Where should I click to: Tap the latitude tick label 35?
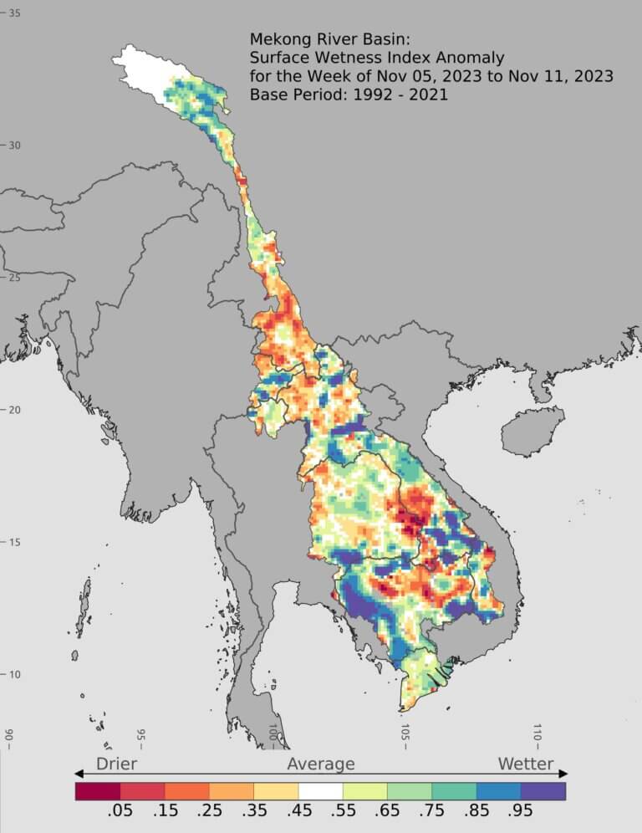pyautogui.click(x=14, y=13)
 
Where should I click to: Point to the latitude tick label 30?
pyautogui.click(x=14, y=146)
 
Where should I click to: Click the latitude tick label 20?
pyautogui.click(x=14, y=410)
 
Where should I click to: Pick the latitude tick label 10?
pyautogui.click(x=14, y=675)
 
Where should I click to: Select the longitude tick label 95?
pyautogui.click(x=140, y=736)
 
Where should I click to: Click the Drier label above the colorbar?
pyautogui.click(x=116, y=764)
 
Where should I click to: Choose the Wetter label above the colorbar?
pyautogui.click(x=525, y=764)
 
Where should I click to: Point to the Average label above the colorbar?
pyautogui.click(x=321, y=764)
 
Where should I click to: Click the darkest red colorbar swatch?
pyautogui.click(x=97, y=790)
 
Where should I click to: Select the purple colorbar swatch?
pyautogui.click(x=543, y=790)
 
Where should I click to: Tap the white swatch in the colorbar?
pyautogui.click(x=320, y=790)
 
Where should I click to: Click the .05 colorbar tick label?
pyautogui.click(x=120, y=813)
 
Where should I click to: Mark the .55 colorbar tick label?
pyautogui.click(x=343, y=813)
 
